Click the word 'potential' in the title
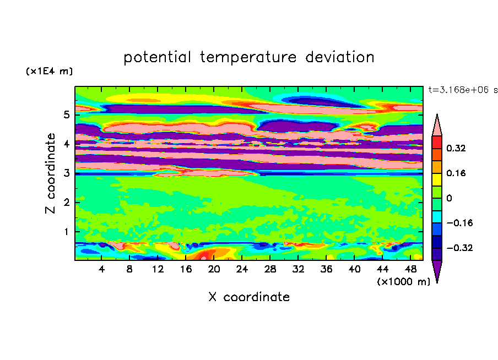pos(157,57)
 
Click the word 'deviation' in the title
pos(340,57)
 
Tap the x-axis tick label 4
pos(101,269)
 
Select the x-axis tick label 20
pos(214,269)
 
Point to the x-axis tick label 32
pos(298,269)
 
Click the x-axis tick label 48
pos(410,269)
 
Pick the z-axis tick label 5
pos(66,114)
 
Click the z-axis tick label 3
pos(66,173)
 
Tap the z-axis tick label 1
pos(66,232)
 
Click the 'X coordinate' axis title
pos(249,297)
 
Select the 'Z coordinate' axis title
pos(51,173)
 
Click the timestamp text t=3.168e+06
pos(458,90)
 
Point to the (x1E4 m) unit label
pos(49,71)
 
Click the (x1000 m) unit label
pos(403,282)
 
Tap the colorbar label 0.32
pos(456,148)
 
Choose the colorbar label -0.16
pos(459,223)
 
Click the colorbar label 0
pos(449,198)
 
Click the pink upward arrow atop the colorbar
pos(437,125)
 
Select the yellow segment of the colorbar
pos(437,179)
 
